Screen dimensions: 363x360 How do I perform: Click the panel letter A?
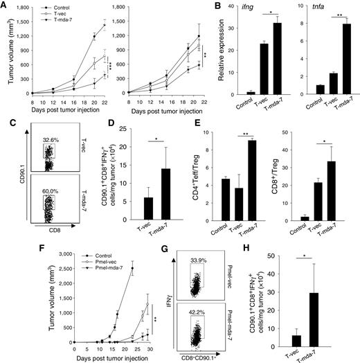pos(6,6)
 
